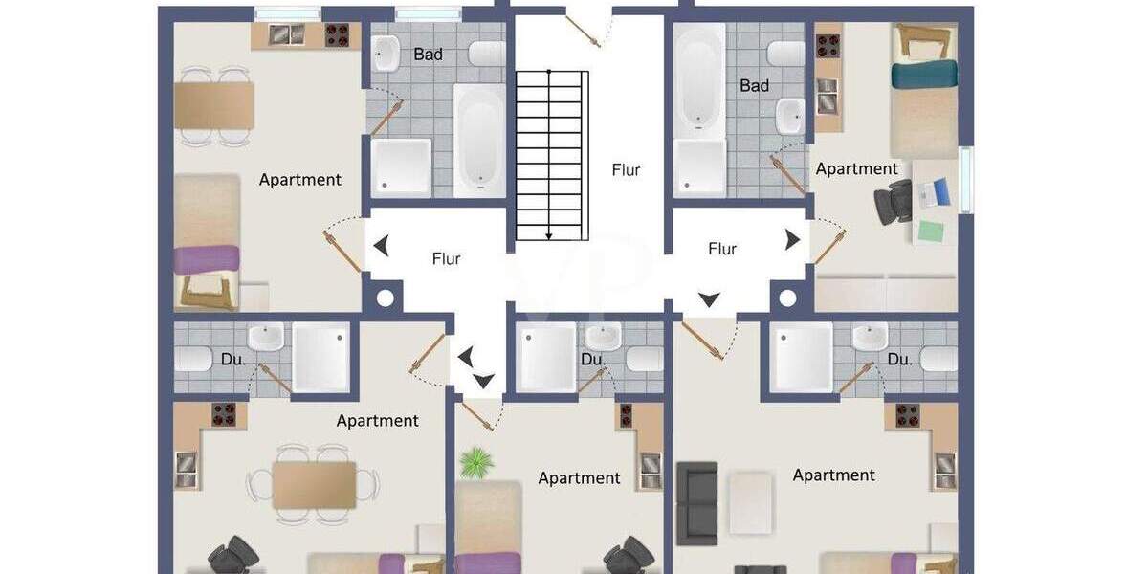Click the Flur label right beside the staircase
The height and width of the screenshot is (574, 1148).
click(x=626, y=170)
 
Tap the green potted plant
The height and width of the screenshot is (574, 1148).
click(x=475, y=463)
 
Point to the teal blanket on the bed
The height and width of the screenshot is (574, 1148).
click(x=923, y=74)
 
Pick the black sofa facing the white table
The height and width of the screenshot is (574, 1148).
click(x=696, y=503)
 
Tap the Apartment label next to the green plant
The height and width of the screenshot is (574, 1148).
click(x=579, y=478)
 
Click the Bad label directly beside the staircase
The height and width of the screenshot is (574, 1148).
click(x=428, y=55)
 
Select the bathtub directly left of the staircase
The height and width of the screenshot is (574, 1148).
click(x=478, y=139)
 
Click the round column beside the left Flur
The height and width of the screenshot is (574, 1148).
click(x=385, y=298)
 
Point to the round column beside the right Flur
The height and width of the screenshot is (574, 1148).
click(x=787, y=298)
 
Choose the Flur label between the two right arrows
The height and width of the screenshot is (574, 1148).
click(x=722, y=249)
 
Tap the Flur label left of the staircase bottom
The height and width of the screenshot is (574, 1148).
click(x=446, y=258)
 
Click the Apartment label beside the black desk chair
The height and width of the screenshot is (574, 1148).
click(x=856, y=169)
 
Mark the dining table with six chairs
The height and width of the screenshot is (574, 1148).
click(x=314, y=485)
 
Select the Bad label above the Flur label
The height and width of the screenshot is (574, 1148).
click(x=754, y=86)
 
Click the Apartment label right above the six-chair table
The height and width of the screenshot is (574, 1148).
click(x=377, y=421)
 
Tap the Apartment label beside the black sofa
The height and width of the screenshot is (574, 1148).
click(x=833, y=475)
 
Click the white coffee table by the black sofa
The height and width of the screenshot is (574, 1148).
click(x=750, y=503)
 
